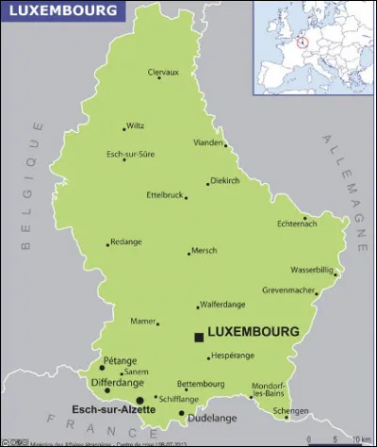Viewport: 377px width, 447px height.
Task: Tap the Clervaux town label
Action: (162, 72)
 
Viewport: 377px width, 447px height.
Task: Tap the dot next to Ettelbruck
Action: (186, 198)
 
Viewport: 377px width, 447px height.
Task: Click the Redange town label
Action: (126, 241)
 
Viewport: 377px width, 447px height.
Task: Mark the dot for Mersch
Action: (189, 252)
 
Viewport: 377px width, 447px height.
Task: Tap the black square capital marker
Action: (198, 337)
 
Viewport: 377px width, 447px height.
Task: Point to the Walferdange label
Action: (224, 305)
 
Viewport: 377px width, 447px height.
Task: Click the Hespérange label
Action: (234, 356)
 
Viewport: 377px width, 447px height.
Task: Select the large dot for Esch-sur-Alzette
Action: (140, 400)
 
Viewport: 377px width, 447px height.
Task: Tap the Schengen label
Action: (290, 412)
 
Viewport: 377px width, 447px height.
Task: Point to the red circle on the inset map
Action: (303, 41)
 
